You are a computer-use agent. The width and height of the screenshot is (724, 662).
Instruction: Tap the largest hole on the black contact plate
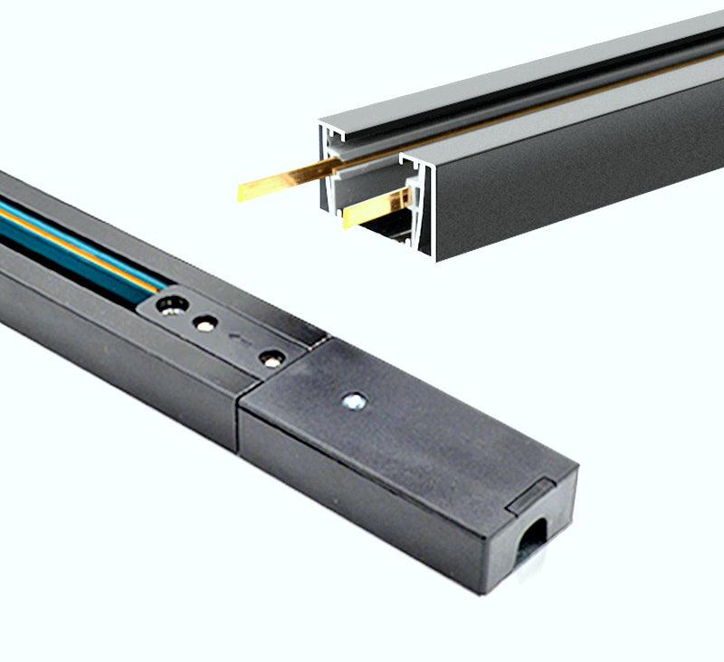point(170,305)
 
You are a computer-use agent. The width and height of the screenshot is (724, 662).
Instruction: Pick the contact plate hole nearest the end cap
point(270,358)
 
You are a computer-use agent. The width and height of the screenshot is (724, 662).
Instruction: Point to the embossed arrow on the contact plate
point(238,341)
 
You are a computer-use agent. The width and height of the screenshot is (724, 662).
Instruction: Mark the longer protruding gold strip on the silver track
point(281,184)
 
